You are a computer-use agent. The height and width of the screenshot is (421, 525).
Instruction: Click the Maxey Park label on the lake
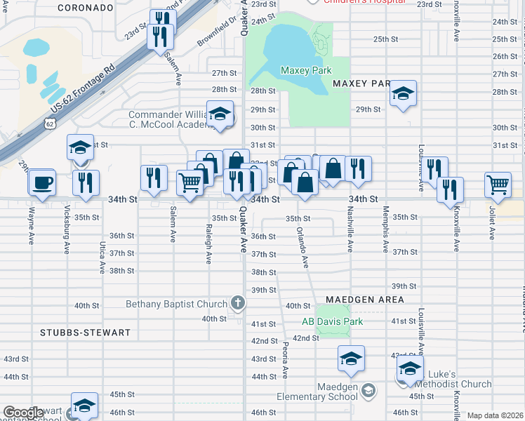(x=305, y=70)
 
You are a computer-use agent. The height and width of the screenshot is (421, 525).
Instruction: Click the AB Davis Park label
(x=332, y=322)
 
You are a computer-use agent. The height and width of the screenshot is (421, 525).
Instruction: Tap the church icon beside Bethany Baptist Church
(x=238, y=304)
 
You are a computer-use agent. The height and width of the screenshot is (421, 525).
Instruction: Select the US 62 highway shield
(x=48, y=123)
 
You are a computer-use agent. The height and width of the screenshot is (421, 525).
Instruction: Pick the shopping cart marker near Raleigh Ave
(x=190, y=182)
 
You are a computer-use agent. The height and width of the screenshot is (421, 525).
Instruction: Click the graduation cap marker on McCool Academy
(x=220, y=114)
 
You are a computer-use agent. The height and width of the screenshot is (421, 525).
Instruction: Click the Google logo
(x=23, y=413)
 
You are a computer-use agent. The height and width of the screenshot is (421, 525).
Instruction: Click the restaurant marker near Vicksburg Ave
(x=86, y=182)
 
